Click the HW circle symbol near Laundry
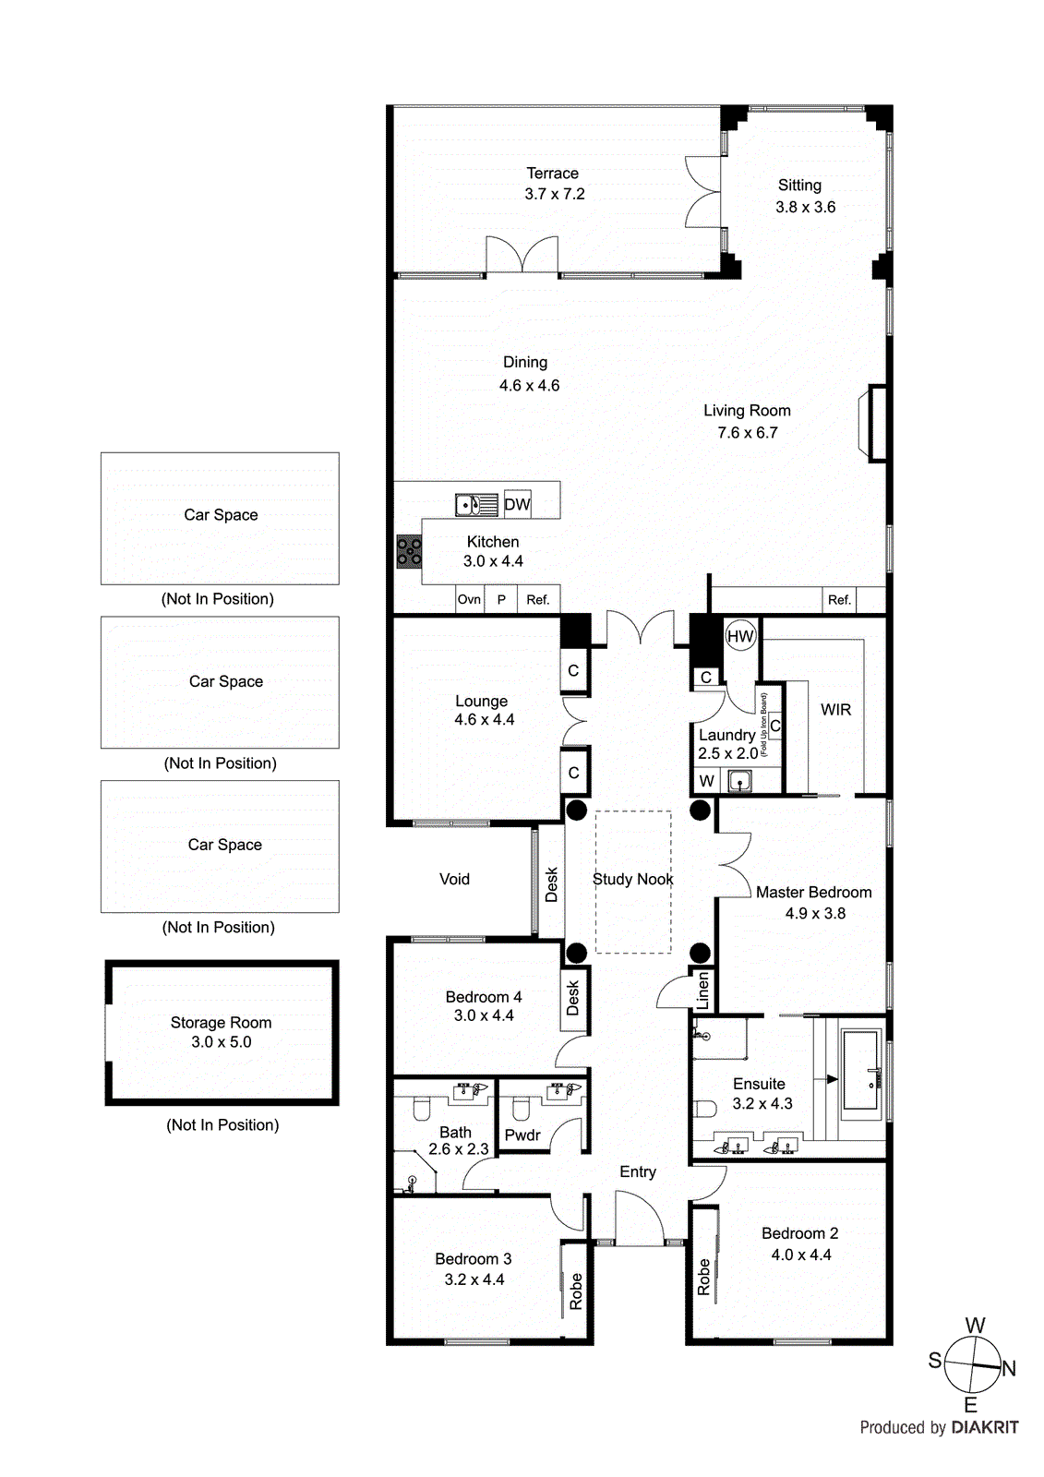click(740, 636)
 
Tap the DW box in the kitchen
click(517, 504)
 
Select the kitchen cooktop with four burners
click(409, 552)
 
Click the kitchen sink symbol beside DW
click(476, 505)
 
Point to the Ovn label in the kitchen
click(469, 599)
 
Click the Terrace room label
click(552, 174)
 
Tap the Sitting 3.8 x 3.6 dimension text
click(805, 208)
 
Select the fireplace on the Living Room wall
click(873, 423)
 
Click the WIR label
click(835, 710)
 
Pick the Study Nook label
click(632, 879)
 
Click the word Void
click(454, 879)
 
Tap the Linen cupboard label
click(702, 990)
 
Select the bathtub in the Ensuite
click(861, 1072)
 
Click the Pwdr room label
click(522, 1135)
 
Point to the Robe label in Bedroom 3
click(576, 1291)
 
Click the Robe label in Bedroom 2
click(704, 1277)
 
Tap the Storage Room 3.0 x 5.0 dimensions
click(222, 1042)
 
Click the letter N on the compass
click(1009, 1369)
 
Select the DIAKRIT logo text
click(984, 1427)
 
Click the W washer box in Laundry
click(706, 781)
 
